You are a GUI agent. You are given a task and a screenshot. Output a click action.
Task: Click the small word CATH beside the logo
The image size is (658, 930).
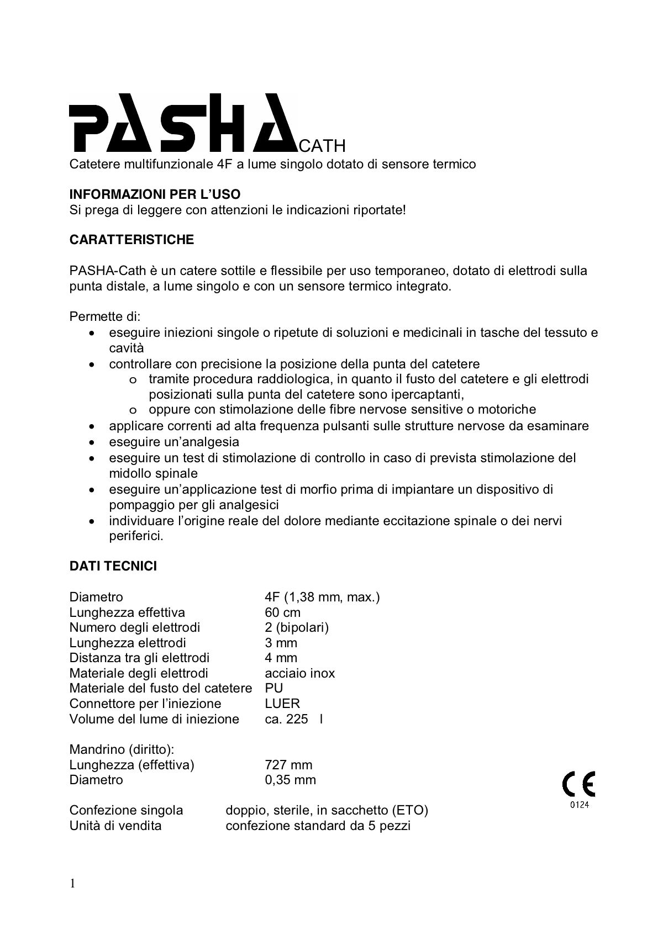(322, 145)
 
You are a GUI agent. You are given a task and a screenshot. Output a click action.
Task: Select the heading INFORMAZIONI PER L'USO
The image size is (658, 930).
(155, 194)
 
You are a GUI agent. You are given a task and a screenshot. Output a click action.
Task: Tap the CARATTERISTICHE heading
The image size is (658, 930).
(131, 240)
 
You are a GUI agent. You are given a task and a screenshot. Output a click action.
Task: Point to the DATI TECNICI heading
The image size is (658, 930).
(113, 566)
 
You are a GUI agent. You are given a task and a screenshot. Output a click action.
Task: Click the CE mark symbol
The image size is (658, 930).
(578, 784)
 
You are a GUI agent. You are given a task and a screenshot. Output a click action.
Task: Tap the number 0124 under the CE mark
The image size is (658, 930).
(579, 805)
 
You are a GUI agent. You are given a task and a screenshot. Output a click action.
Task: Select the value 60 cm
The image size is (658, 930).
(282, 612)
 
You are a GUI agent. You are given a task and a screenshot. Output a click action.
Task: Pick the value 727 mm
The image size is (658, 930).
(288, 765)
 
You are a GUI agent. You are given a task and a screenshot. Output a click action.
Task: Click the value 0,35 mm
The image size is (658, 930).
(290, 780)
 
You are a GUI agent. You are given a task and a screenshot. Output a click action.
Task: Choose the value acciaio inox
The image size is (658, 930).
(299, 673)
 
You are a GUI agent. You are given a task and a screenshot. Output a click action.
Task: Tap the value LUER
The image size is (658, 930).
(282, 704)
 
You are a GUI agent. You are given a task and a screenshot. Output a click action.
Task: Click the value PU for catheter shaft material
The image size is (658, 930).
(273, 688)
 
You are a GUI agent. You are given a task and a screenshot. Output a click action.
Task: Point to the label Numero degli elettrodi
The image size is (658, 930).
(134, 627)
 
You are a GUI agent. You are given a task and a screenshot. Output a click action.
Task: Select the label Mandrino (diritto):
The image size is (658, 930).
(122, 749)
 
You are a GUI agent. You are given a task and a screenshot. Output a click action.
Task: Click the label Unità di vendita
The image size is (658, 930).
(115, 826)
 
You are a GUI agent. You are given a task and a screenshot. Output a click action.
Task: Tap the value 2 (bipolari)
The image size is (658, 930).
(297, 627)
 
